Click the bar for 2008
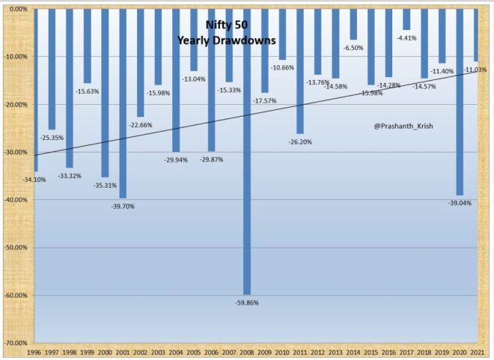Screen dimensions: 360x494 coord(247,150)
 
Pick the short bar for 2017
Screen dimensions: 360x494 coord(406,19)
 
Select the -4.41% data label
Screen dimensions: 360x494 coord(406,37)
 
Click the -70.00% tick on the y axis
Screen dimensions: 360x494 coord(16,343)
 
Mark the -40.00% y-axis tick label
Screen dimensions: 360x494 coord(16,200)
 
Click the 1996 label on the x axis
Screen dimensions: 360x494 coord(34,352)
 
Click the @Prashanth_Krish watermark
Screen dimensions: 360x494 coord(403,126)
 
